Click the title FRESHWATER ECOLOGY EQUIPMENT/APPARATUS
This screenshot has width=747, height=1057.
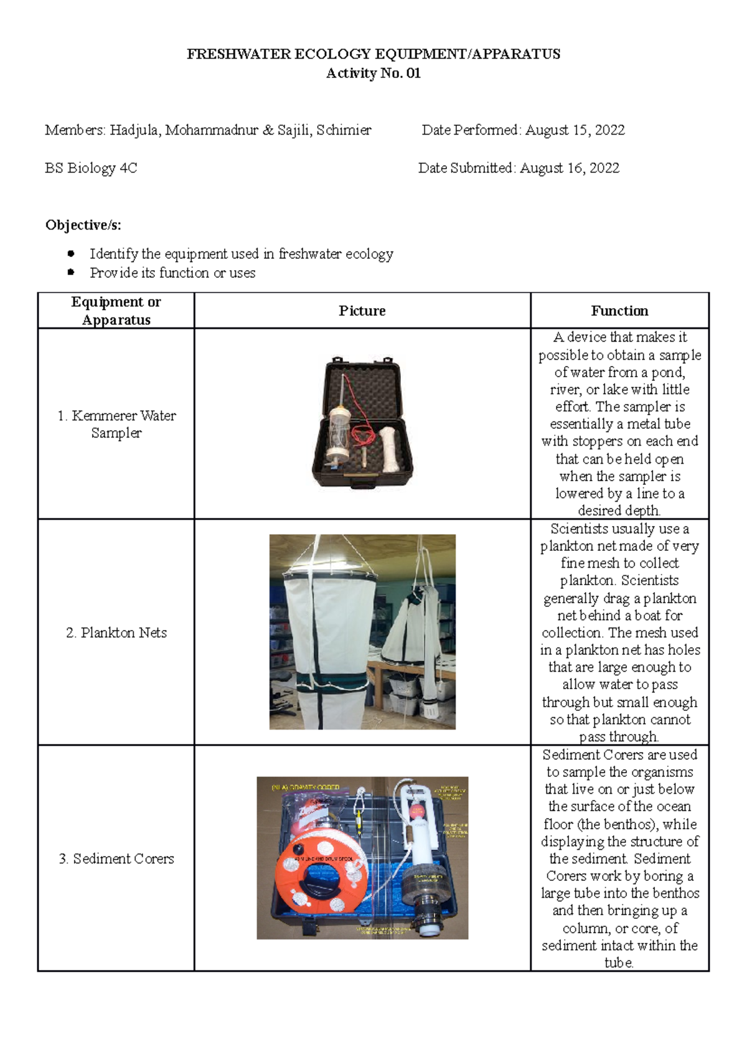[x=374, y=54]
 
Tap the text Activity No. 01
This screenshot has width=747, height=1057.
[x=374, y=73]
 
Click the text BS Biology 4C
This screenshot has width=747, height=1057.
[x=91, y=168]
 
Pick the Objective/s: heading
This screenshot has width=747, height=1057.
[x=83, y=225]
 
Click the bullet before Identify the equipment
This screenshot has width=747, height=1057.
[x=71, y=253]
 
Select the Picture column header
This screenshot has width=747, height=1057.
[x=362, y=311]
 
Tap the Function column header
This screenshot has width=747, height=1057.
[x=619, y=311]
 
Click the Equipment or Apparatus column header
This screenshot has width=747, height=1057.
[x=116, y=311]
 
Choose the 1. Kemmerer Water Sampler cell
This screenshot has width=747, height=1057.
[x=116, y=424]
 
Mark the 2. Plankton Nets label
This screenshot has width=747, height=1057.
[x=116, y=632]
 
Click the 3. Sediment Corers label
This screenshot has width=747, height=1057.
[x=116, y=858]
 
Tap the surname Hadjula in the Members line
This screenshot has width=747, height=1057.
[x=135, y=130]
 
